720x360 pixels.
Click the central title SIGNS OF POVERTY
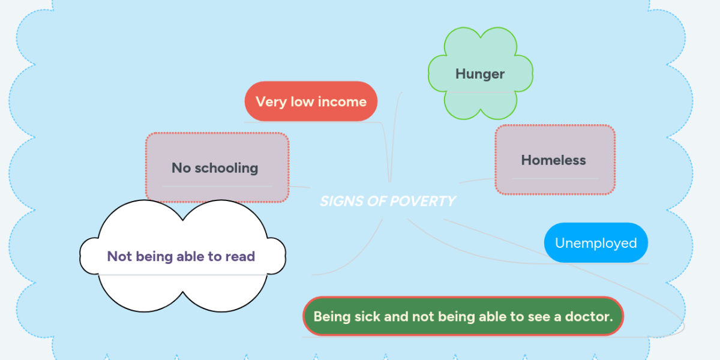click(x=388, y=201)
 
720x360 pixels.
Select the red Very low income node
click(x=311, y=101)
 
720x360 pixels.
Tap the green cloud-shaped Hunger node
click(x=480, y=74)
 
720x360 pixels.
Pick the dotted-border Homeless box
click(x=555, y=160)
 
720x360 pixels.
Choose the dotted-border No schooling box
click(x=217, y=167)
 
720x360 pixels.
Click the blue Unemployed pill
click(x=596, y=242)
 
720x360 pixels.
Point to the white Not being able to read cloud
click(x=182, y=256)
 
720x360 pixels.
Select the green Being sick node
click(x=463, y=316)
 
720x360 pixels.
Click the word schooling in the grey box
click(x=226, y=169)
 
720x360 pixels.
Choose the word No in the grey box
click(x=181, y=168)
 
